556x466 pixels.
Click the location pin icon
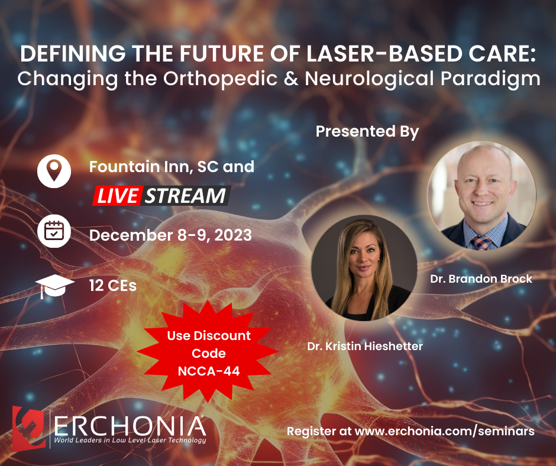[54, 171]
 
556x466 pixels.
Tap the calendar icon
[54, 231]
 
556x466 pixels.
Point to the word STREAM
[186, 195]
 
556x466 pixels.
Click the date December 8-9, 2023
[170, 235]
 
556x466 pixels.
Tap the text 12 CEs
[113, 286]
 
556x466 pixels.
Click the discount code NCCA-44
[208, 371]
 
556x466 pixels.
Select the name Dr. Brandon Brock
[481, 279]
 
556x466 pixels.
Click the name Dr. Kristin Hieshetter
[365, 346]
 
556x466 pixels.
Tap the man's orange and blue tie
[481, 242]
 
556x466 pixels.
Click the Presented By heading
[367, 131]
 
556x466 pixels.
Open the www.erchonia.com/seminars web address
[444, 431]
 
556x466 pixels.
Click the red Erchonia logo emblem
[28, 428]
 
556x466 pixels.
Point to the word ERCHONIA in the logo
[130, 426]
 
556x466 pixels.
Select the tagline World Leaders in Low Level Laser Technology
[130, 441]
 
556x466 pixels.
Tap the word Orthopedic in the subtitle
[220, 79]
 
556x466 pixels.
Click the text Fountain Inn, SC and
[172, 167]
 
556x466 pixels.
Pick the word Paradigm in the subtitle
[490, 79]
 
